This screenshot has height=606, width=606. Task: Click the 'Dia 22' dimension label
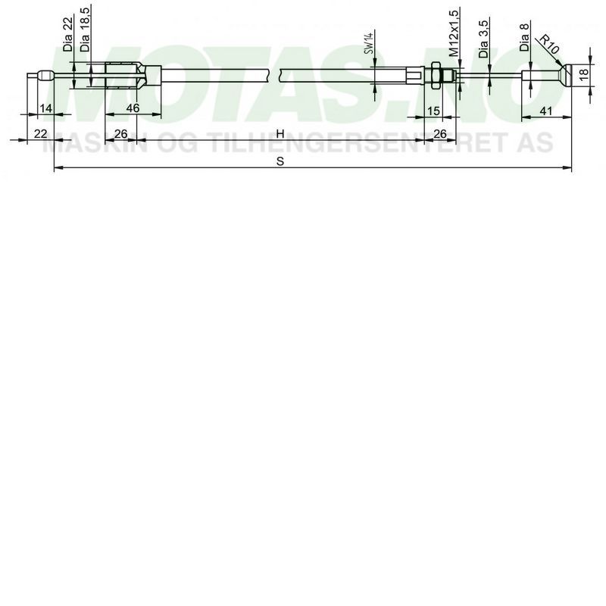point(68,35)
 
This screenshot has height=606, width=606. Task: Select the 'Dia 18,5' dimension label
point(85,30)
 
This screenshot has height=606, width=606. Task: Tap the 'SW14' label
point(370,43)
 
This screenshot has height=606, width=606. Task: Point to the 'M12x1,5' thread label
point(454,33)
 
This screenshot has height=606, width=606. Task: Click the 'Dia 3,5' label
point(483,39)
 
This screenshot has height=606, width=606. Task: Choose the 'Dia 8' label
point(524,37)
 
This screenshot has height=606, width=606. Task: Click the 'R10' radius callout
point(549,44)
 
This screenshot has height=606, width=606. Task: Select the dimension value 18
point(583,73)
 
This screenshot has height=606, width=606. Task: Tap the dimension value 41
point(545,111)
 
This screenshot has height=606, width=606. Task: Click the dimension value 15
point(433,111)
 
